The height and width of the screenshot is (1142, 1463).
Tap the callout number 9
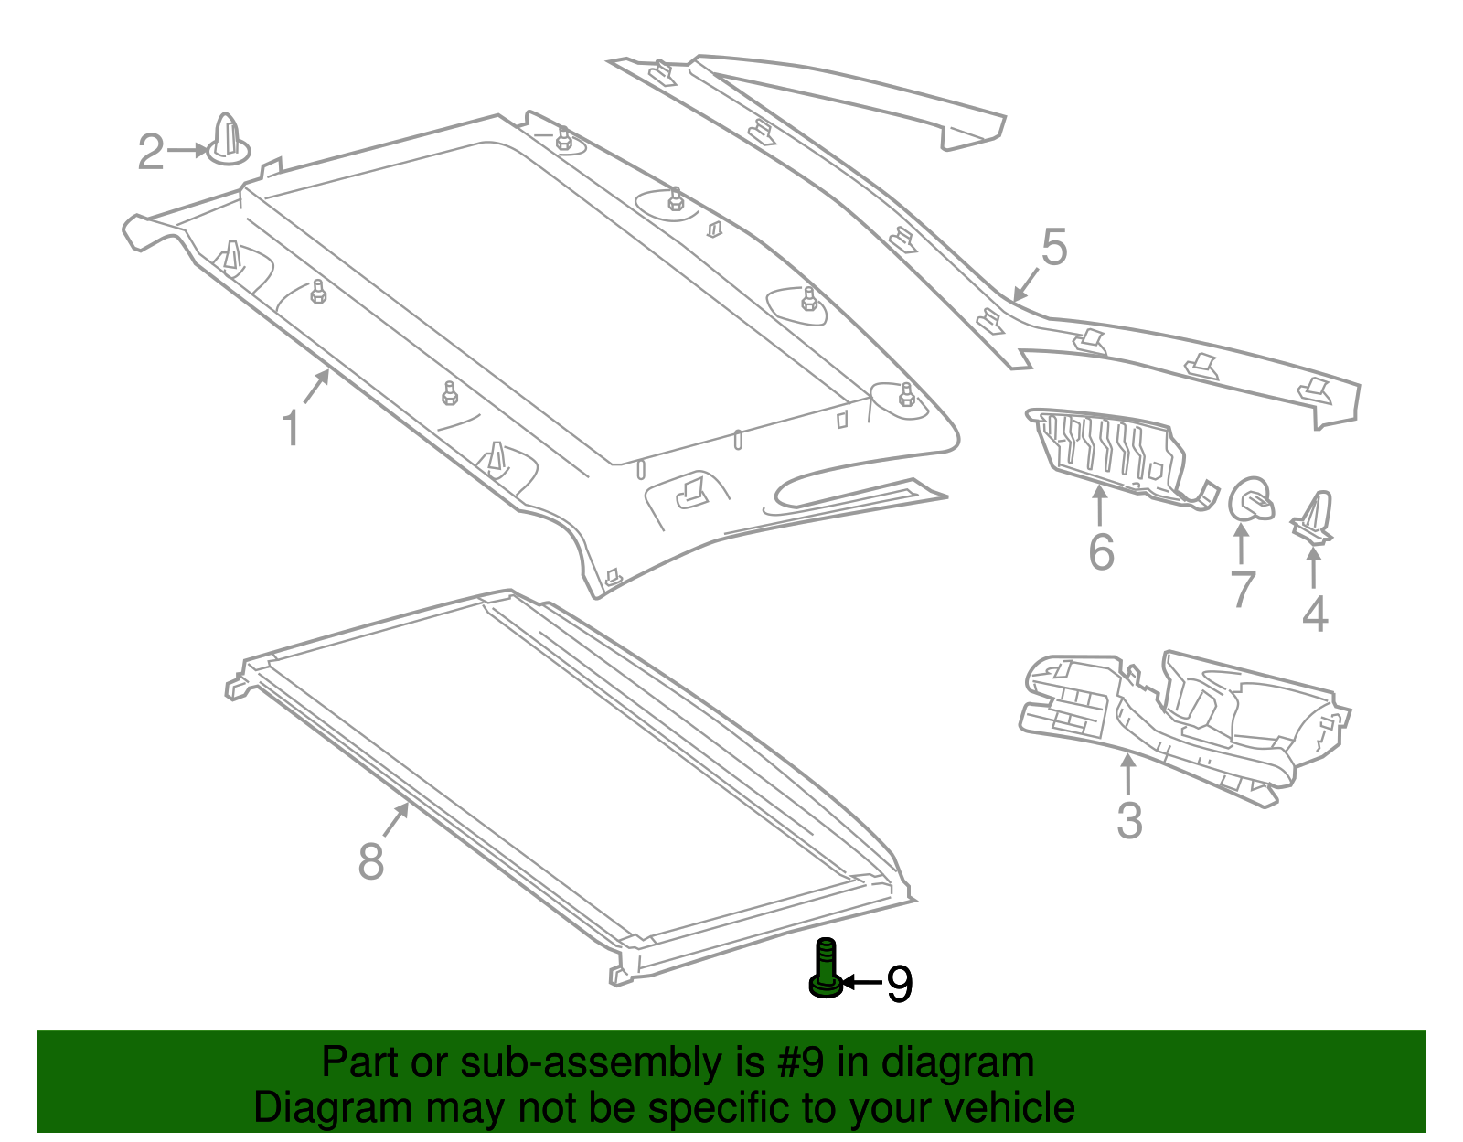point(900,984)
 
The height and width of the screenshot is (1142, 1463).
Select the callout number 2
point(151,152)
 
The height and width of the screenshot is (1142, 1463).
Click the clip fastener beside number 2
point(228,142)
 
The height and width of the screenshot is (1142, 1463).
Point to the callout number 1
point(291,429)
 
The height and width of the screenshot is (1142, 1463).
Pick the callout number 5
point(1053,248)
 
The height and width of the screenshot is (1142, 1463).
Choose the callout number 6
point(1101,552)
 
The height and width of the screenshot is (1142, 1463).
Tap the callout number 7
point(1242,589)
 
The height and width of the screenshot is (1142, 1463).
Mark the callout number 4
point(1315,614)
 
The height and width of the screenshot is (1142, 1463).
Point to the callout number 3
point(1129,820)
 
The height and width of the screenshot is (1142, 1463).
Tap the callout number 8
point(370,861)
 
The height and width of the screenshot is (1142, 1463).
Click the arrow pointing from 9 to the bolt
point(861,983)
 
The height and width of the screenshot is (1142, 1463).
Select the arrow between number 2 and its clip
point(188,150)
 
